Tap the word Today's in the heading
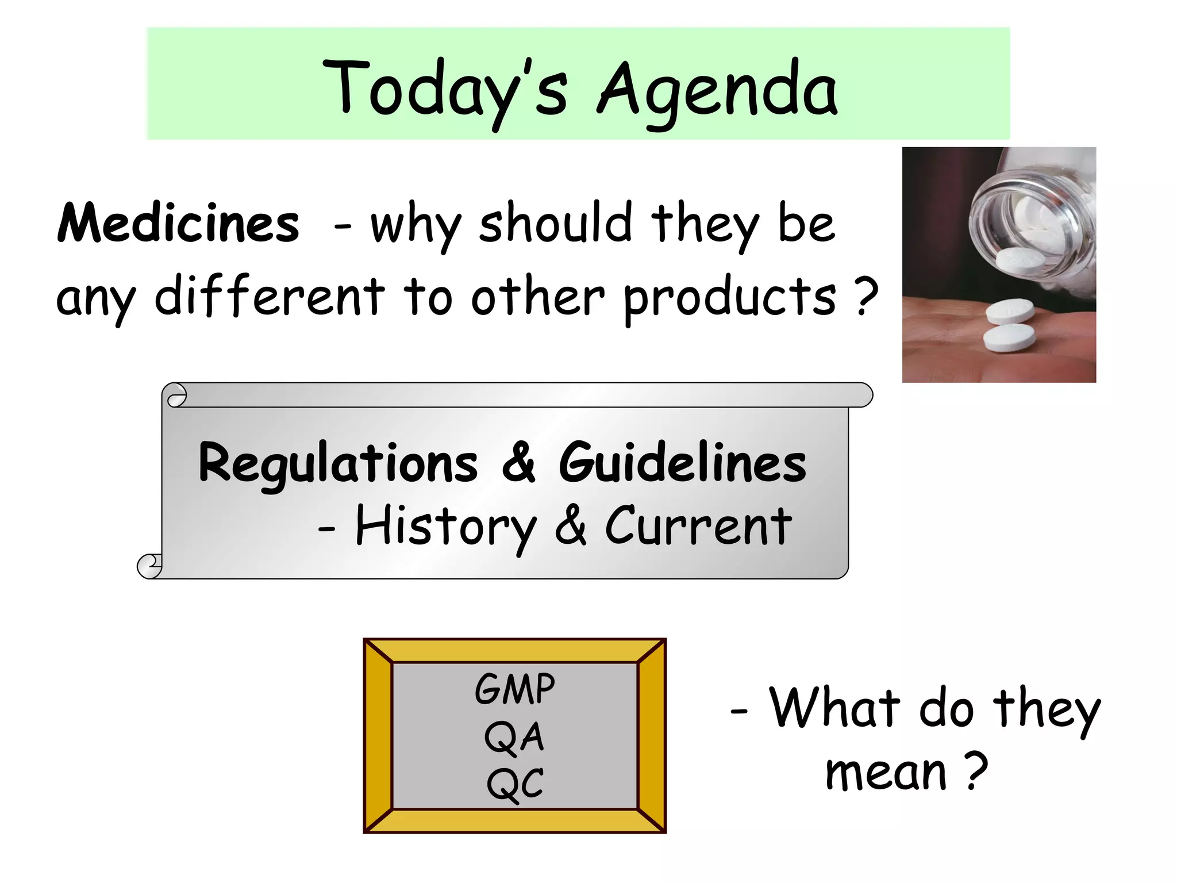(445, 91)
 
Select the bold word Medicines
(178, 224)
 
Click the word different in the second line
(270, 297)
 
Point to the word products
(730, 298)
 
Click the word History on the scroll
(445, 527)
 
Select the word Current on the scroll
(698, 527)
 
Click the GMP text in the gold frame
(515, 689)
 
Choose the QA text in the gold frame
(514, 737)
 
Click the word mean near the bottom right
(886, 773)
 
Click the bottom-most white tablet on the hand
(1009, 339)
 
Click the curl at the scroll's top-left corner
(175, 396)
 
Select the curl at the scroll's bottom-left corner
(150, 566)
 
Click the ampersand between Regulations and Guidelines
(519, 463)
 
